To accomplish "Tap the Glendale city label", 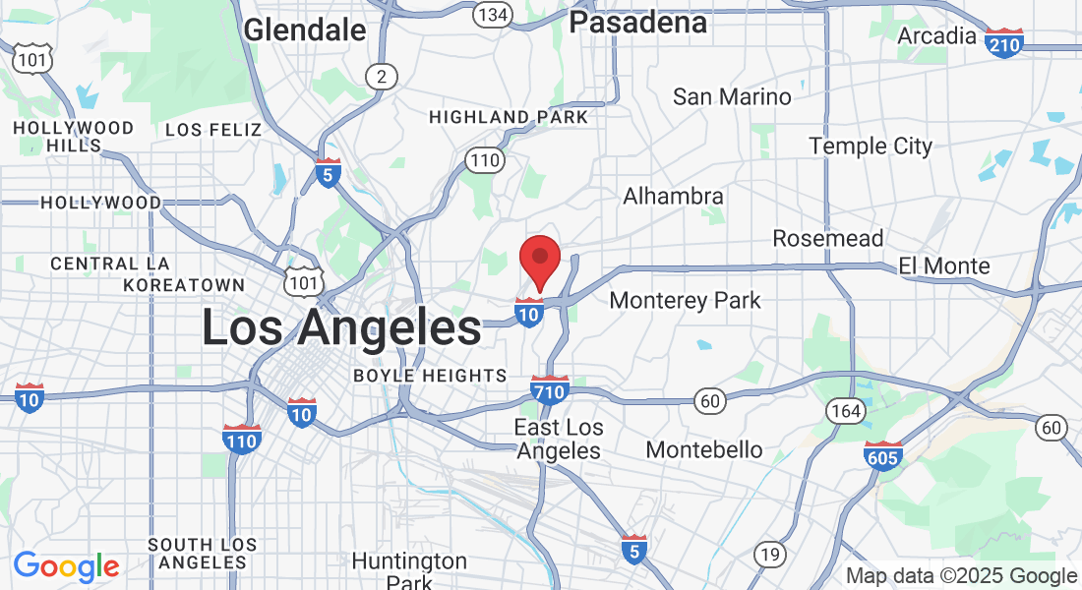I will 305,29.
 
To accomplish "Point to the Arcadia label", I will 936,36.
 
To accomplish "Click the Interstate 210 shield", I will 1004,43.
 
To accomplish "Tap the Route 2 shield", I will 381,76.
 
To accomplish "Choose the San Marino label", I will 732,96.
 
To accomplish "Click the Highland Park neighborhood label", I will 509,117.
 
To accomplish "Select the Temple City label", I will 871,147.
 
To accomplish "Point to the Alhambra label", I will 673,197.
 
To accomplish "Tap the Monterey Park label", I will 686,300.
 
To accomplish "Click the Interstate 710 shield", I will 549,390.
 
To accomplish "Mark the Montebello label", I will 704,449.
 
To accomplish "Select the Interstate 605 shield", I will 884,456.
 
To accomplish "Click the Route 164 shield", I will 845,411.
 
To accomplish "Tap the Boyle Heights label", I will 430,376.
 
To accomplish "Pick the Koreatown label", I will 184,285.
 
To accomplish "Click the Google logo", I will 67,566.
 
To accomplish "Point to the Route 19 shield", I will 770,555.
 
